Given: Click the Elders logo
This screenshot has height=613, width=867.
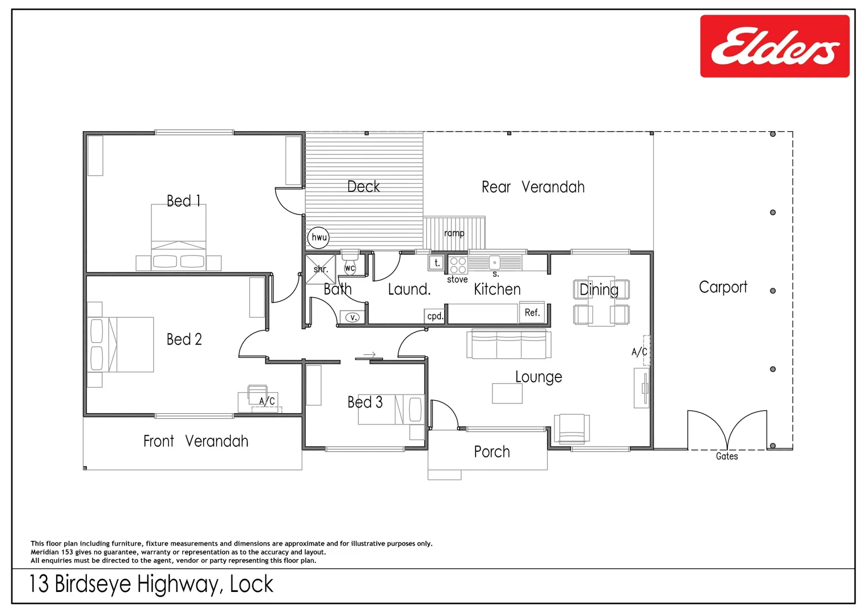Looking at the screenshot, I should click(x=775, y=47).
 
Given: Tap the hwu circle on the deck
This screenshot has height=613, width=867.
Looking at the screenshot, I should click(x=319, y=237).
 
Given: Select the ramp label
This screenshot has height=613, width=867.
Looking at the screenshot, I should click(x=454, y=233).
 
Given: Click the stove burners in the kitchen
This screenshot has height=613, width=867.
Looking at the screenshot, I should click(x=458, y=265).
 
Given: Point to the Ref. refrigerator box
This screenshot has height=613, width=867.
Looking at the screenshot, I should click(x=532, y=312).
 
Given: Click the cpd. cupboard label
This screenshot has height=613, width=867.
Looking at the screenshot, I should click(x=435, y=316).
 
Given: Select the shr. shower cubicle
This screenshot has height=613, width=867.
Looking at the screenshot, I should click(x=321, y=269).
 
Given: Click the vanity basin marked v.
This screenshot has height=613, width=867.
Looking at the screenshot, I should click(x=352, y=317).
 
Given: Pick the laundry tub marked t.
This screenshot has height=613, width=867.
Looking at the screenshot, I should click(x=436, y=263).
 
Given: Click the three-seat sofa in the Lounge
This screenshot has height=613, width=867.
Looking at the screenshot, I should click(x=508, y=345).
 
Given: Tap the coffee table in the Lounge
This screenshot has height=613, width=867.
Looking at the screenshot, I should click(x=507, y=393).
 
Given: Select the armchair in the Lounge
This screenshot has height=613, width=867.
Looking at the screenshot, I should click(x=571, y=429).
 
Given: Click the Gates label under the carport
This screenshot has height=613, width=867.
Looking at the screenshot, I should click(x=726, y=456).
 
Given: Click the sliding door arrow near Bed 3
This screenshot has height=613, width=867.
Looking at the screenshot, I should click(x=369, y=355).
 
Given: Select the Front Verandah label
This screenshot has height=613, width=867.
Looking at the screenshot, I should click(x=195, y=441).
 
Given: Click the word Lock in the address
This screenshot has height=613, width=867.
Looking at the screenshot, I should click(x=251, y=584).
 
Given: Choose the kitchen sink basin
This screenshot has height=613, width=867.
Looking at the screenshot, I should click(x=494, y=263).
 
